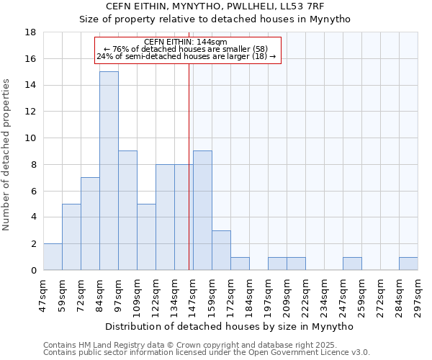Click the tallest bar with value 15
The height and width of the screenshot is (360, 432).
point(109,171)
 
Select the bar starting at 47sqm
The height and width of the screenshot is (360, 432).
point(53,257)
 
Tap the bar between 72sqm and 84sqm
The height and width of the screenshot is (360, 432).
point(90,223)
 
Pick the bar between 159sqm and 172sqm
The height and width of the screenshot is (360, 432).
point(221,250)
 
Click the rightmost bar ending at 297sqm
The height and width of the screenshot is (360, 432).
point(408,264)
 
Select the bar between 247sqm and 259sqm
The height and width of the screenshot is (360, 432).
point(352,264)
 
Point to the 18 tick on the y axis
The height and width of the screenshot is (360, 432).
point(30,32)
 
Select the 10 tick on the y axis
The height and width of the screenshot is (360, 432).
point(30,138)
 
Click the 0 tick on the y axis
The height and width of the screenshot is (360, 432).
point(33,270)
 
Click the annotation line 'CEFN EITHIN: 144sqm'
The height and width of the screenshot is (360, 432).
point(186,42)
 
